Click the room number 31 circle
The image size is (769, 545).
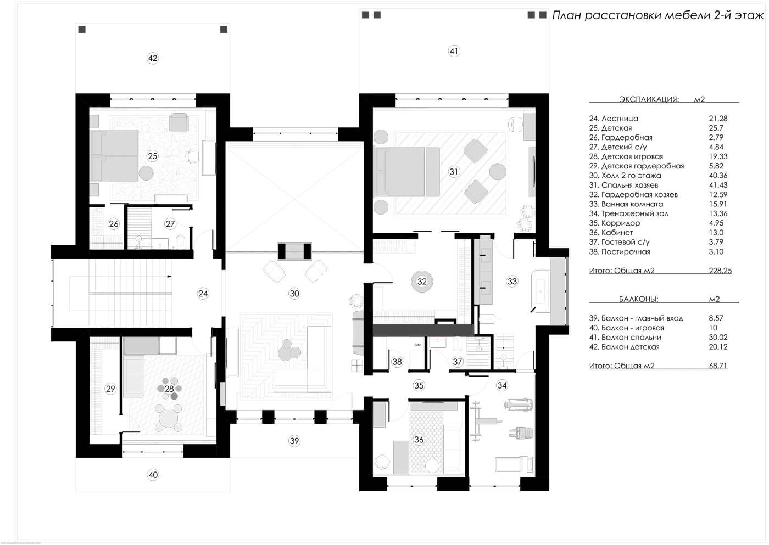[x=454, y=171]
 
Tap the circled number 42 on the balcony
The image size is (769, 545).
[x=153, y=58]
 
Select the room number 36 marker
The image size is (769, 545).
[x=419, y=440]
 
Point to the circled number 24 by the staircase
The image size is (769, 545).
[x=203, y=294]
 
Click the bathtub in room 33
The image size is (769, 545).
[x=540, y=291]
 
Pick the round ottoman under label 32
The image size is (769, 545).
[x=422, y=282]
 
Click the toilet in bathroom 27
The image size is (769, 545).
[x=180, y=242]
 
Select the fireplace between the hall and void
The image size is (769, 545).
[x=294, y=251]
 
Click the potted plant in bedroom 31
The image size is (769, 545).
[x=525, y=218]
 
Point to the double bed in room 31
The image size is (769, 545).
[x=407, y=171]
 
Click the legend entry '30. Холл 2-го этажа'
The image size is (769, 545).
[x=625, y=176]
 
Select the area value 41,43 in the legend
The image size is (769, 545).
[x=718, y=185]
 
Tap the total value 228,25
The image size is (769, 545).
[x=720, y=271]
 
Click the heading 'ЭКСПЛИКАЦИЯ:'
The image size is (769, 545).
[x=649, y=99]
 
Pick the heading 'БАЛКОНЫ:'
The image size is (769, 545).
[x=638, y=299]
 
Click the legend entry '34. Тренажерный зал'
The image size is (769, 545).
[x=628, y=213]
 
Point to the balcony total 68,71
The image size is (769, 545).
[x=718, y=366]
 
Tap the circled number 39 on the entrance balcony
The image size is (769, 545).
[x=294, y=441]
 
